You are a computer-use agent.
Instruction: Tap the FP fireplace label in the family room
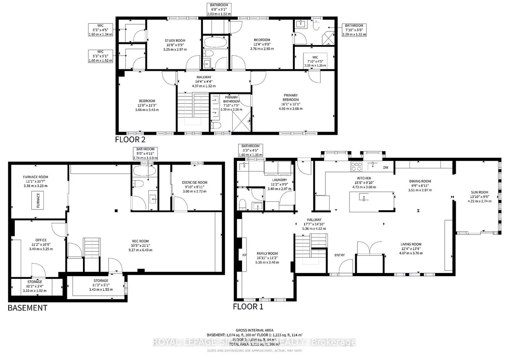pyautogui.click(x=244, y=255)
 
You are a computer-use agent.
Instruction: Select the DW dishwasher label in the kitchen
pyautogui.click(x=385, y=168)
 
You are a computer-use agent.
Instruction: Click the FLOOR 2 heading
pyautogui.click(x=130, y=139)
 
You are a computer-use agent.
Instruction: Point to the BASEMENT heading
pyautogui.click(x=27, y=308)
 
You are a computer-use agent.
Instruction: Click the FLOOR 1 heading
pyautogui.click(x=248, y=306)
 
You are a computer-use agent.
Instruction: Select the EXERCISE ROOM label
pyautogui.click(x=194, y=183)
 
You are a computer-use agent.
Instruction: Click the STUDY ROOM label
pyautogui.click(x=174, y=40)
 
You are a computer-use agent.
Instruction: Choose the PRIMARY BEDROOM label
pyautogui.click(x=291, y=98)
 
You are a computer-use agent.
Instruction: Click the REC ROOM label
pyautogui.click(x=140, y=241)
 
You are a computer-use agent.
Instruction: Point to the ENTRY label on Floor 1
pyautogui.click(x=339, y=255)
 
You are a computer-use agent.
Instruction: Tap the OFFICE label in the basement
pyautogui.click(x=41, y=240)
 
